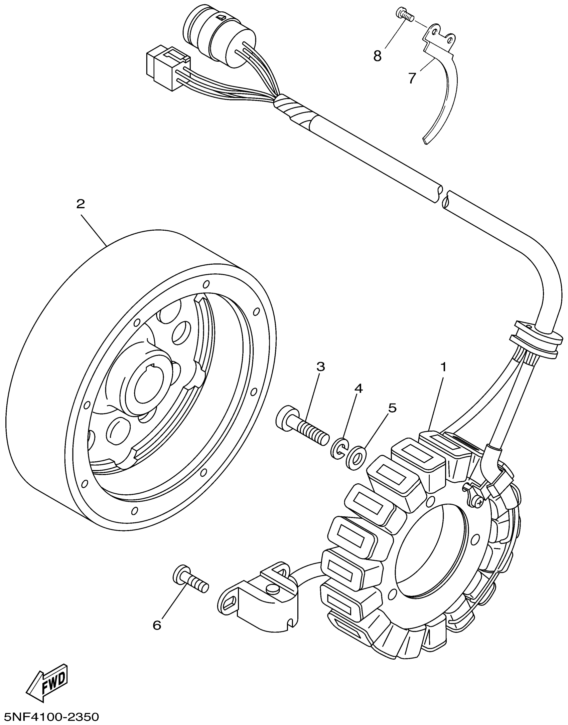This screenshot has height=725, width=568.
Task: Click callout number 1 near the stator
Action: [443, 368]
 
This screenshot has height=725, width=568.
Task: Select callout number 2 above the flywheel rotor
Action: [81, 204]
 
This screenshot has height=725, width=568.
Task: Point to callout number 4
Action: [358, 389]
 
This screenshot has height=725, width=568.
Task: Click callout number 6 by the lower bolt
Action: [157, 625]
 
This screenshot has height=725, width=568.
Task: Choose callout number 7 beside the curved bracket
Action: [412, 78]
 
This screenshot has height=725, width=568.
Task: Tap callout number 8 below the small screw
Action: [377, 56]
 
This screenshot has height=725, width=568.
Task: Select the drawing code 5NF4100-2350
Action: [50, 716]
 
